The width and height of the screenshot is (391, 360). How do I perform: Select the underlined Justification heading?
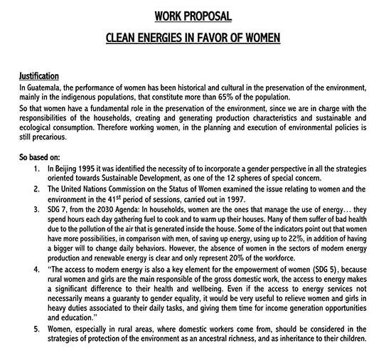coord(39,75)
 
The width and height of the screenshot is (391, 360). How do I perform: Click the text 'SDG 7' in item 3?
coord(58,211)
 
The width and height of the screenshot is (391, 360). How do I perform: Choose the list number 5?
coord(36,329)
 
